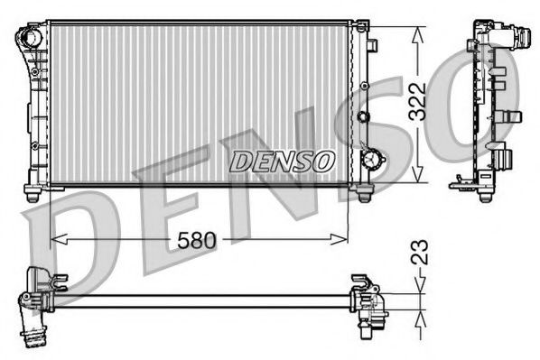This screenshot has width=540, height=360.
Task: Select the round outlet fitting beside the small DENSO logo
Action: [x=371, y=159]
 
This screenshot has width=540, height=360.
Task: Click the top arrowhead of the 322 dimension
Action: [x=416, y=33]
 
